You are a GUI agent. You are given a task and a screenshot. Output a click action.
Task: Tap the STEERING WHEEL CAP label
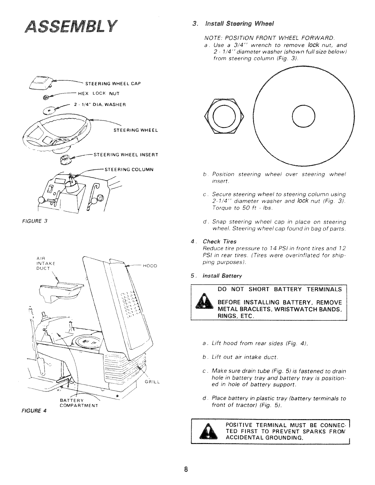pyautogui.click(x=113, y=83)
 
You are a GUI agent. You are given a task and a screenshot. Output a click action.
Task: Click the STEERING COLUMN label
pyautogui.click(x=129, y=169)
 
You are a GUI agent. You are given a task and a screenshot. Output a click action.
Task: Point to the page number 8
pyautogui.click(x=186, y=470)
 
